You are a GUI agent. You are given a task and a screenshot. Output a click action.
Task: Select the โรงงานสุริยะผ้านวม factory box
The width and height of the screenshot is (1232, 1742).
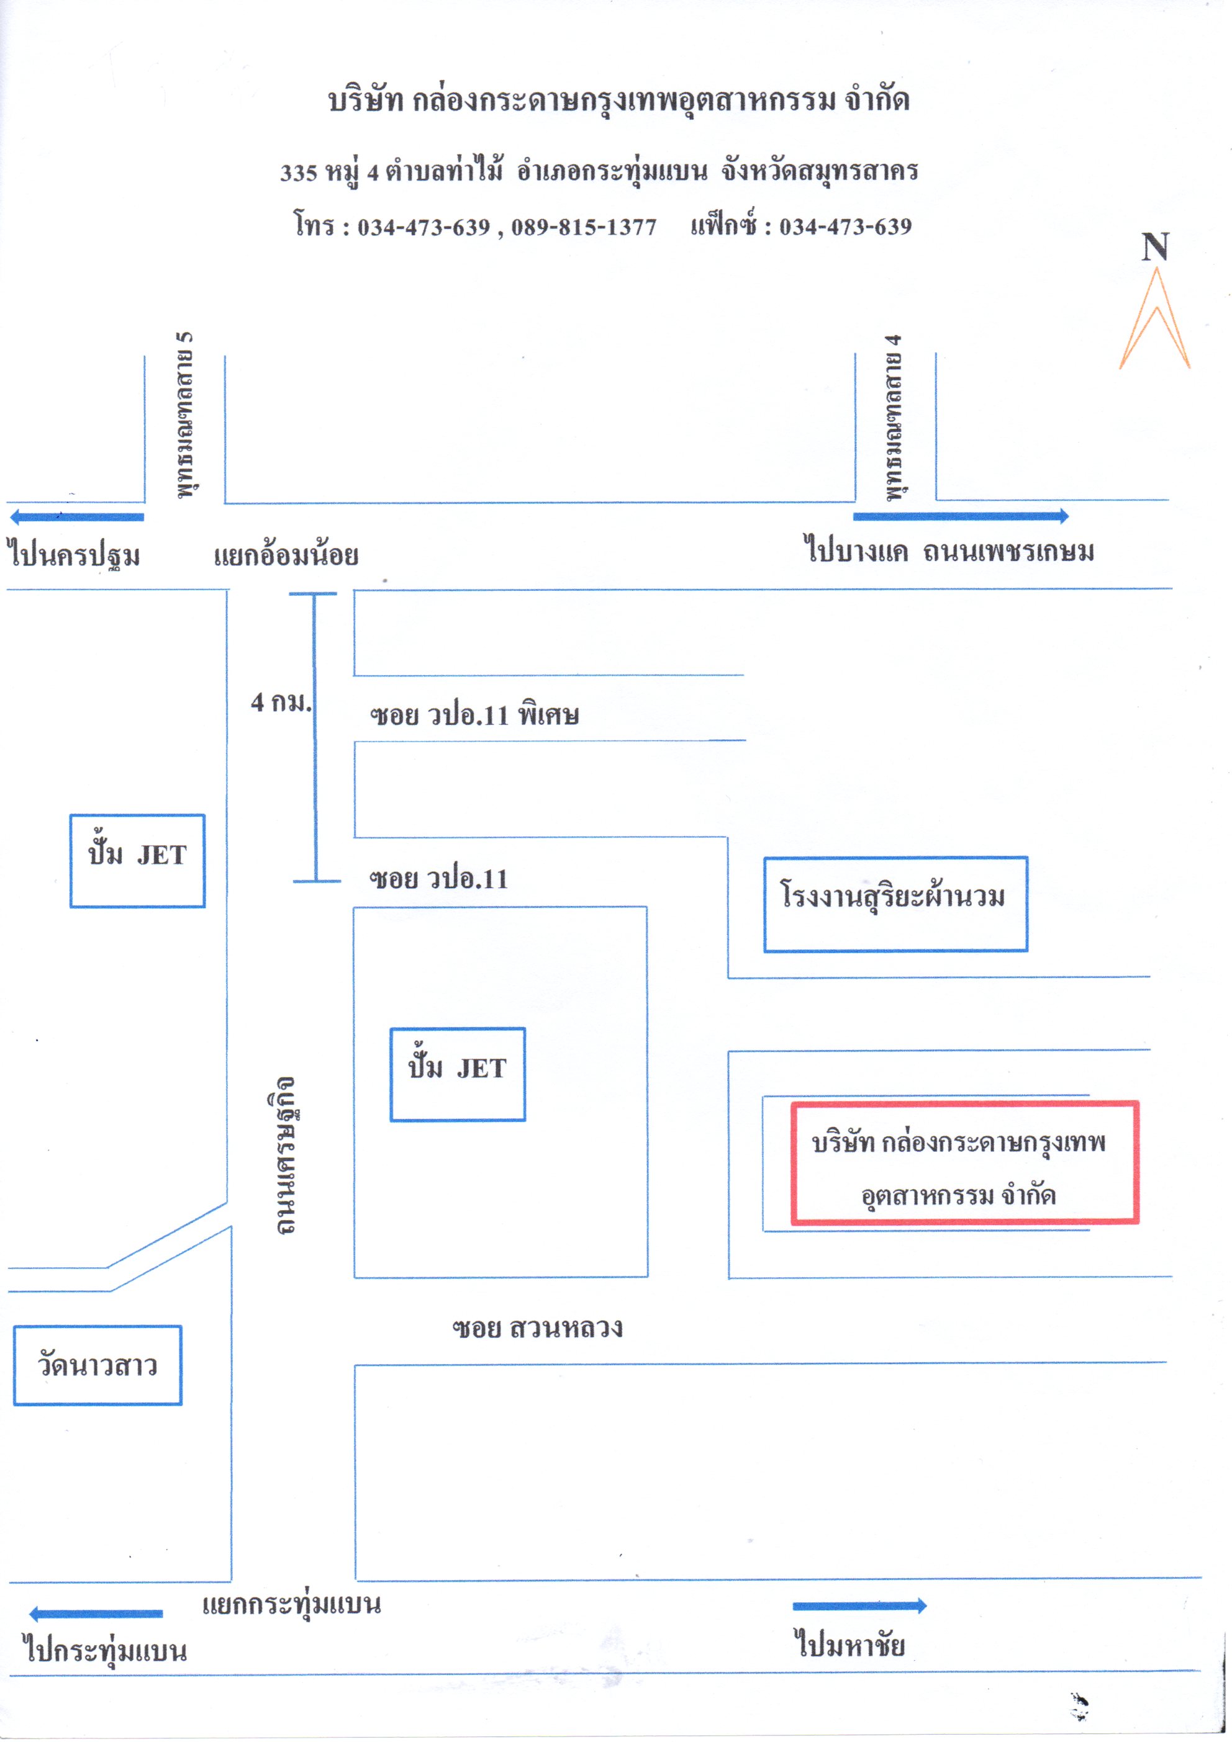(x=895, y=904)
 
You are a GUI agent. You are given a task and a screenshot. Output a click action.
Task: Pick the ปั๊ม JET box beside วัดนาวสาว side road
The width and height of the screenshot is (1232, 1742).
(x=137, y=860)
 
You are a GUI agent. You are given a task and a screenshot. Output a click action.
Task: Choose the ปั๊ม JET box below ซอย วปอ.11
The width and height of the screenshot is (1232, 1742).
(x=457, y=1074)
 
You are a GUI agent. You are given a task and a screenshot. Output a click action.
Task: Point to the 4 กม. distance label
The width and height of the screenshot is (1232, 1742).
(x=280, y=703)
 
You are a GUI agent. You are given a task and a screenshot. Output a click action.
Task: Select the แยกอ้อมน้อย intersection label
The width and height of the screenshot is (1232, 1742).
(x=286, y=555)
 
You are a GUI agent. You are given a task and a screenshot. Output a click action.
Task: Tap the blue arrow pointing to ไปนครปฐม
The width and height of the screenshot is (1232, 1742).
(x=76, y=518)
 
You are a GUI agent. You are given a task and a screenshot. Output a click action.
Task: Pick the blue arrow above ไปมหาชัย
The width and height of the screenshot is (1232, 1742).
(x=859, y=1605)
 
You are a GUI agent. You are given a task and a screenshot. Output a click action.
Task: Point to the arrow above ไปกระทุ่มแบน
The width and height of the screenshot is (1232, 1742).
(x=96, y=1613)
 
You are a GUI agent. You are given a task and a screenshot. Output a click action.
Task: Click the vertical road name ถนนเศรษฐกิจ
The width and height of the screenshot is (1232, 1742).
(x=284, y=1154)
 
